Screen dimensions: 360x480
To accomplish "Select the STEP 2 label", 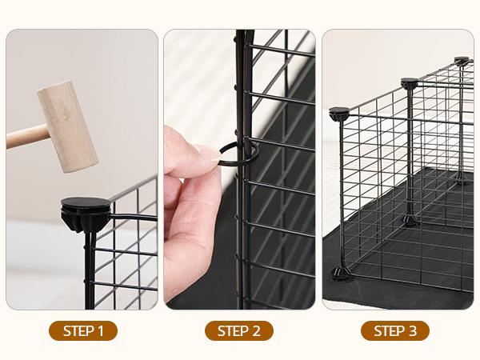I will click(239, 330).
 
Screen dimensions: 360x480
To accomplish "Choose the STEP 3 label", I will click(394, 330).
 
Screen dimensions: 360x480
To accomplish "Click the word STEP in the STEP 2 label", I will click(232, 330).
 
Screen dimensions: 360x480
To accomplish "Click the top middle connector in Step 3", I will click(409, 82).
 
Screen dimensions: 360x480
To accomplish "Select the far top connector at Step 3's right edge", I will click(462, 61).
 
